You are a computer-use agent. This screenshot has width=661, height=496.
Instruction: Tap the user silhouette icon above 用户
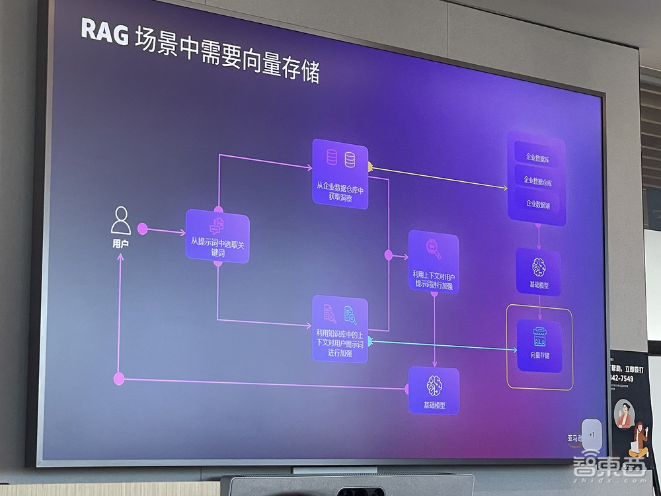click(120, 220)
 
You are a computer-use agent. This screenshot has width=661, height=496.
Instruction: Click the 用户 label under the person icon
click(120, 244)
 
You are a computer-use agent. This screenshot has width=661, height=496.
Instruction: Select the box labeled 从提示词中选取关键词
click(217, 236)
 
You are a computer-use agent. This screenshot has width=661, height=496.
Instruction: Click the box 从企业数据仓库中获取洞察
click(340, 174)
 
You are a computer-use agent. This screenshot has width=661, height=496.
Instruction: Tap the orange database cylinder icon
click(350, 159)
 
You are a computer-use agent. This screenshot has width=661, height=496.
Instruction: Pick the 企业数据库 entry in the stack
click(537, 157)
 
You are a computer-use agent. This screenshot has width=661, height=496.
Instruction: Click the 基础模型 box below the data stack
click(539, 272)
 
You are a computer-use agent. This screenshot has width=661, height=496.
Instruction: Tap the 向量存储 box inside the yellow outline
click(539, 345)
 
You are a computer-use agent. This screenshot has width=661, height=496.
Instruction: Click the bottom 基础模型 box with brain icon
click(434, 391)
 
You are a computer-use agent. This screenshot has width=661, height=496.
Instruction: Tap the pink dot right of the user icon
click(142, 229)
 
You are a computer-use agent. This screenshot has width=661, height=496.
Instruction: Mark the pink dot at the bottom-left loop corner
click(119, 379)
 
